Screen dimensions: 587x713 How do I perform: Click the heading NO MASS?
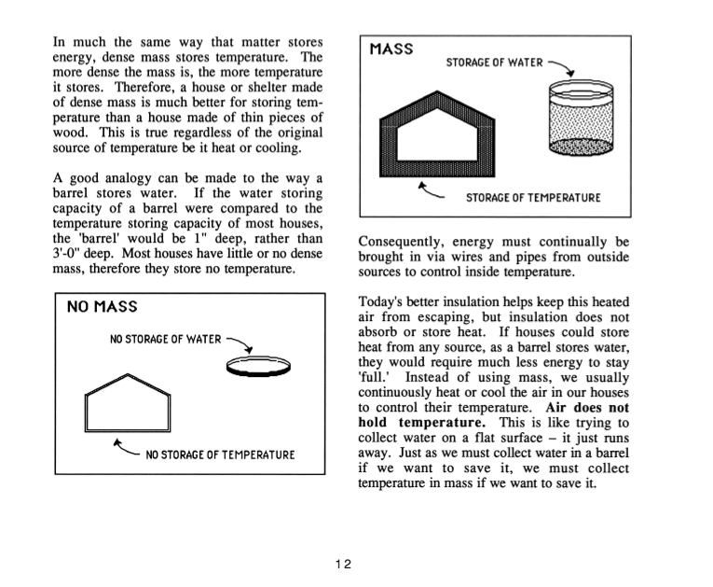click(102, 307)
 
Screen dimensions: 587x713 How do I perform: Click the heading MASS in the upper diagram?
click(391, 49)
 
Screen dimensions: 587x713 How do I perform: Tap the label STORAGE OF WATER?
click(494, 63)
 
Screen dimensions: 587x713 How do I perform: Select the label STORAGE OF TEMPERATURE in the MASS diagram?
click(533, 198)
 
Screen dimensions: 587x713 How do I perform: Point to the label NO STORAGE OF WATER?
click(166, 339)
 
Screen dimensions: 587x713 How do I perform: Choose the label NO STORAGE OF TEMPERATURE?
click(220, 454)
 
